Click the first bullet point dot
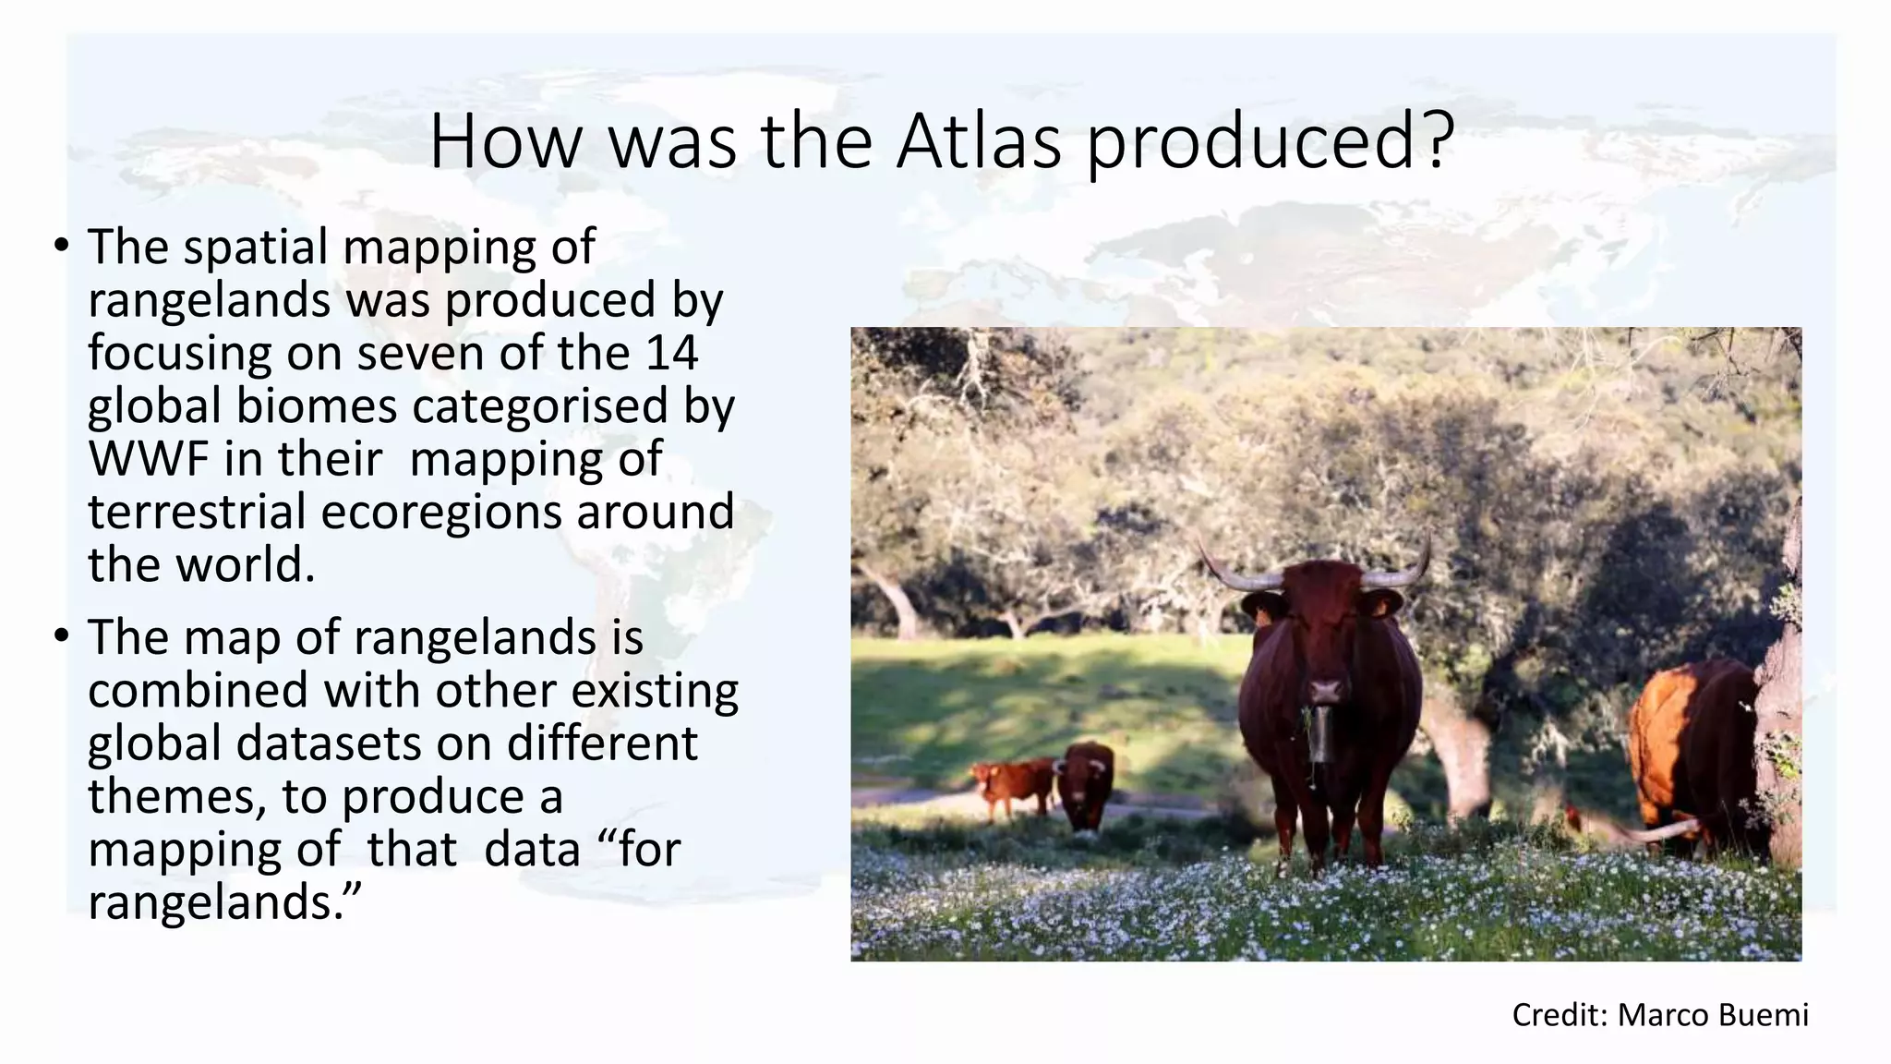pos(61,247)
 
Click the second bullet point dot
pos(61,636)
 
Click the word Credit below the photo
pos(1560,1015)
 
